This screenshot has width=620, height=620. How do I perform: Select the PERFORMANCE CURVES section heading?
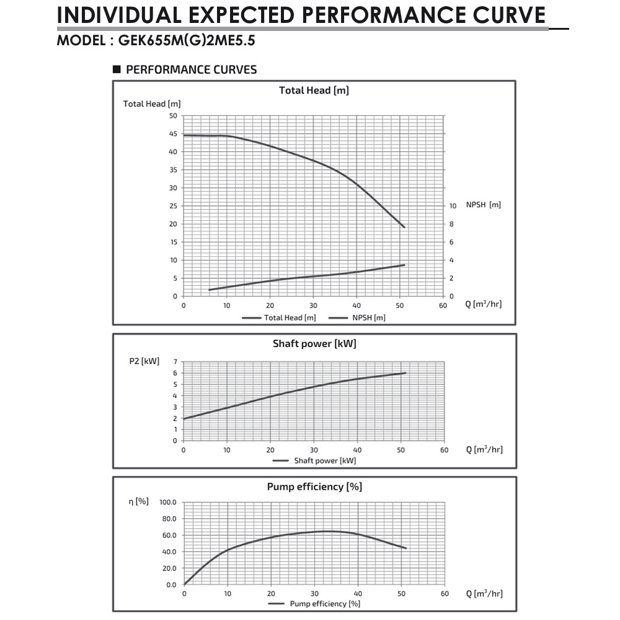tap(191, 69)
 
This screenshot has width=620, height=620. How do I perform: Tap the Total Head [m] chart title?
tap(314, 91)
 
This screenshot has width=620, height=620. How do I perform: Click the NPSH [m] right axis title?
tap(483, 205)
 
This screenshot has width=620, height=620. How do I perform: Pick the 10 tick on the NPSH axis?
tap(453, 206)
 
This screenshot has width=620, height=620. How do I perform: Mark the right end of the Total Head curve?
tap(404, 227)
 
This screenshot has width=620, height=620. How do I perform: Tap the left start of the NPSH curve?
tap(210, 290)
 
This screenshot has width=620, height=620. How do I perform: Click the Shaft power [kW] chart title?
tap(314, 343)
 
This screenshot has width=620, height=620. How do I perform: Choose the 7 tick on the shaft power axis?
tap(175, 361)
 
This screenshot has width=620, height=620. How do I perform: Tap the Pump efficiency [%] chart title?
tap(314, 487)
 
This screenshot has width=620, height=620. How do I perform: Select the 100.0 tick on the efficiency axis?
tap(168, 502)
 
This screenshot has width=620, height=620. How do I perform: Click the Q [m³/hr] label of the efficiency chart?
tap(484, 593)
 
